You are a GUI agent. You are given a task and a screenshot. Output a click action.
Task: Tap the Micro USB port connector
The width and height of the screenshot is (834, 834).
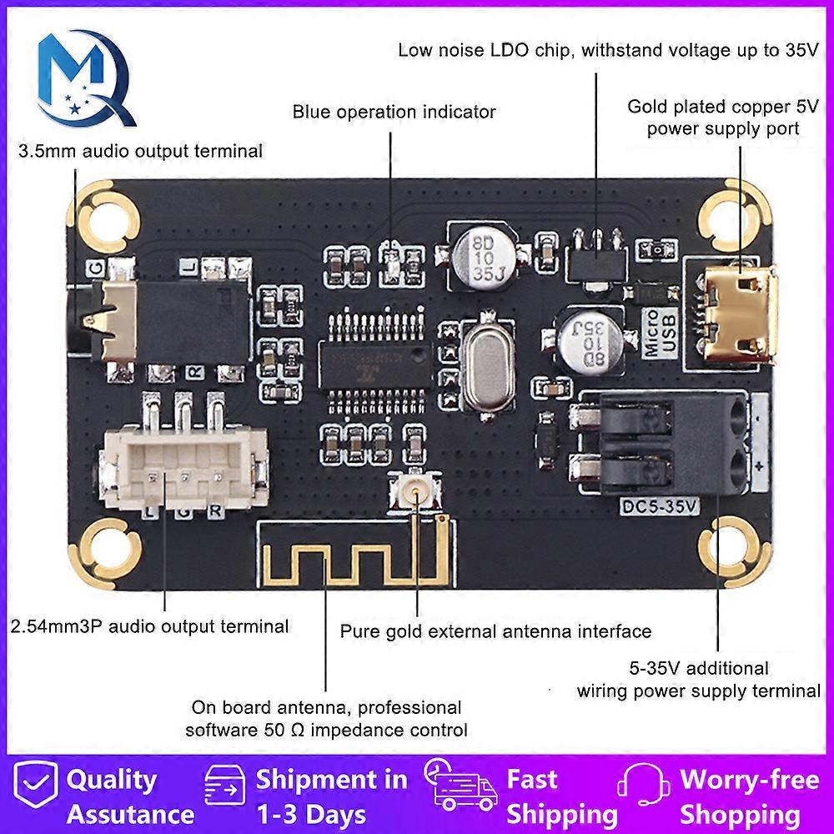coord(739,316)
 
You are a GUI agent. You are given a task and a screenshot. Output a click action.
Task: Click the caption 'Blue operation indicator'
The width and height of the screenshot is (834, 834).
coord(394,112)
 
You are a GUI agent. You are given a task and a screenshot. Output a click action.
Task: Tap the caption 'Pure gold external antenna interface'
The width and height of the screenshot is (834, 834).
coord(495,631)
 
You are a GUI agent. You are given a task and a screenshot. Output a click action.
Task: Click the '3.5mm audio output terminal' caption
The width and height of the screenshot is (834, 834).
coord(141,151)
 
